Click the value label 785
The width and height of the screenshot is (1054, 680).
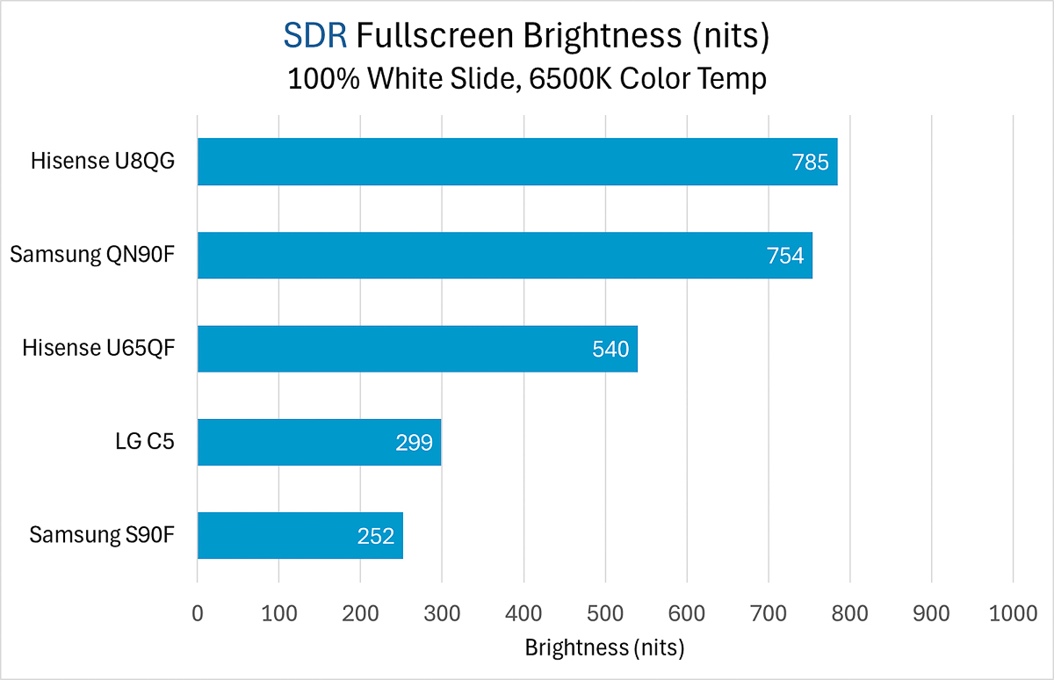811,163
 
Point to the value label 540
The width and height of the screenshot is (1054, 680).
610,350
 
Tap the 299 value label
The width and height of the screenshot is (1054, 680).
415,443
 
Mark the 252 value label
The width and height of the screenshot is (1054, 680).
376,536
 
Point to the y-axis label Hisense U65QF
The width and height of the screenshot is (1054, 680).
99,349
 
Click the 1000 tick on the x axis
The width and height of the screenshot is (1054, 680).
1013,614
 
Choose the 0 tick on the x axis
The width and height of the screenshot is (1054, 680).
198,614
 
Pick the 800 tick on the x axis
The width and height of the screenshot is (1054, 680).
850,614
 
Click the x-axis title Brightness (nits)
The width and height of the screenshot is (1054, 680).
604,648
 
